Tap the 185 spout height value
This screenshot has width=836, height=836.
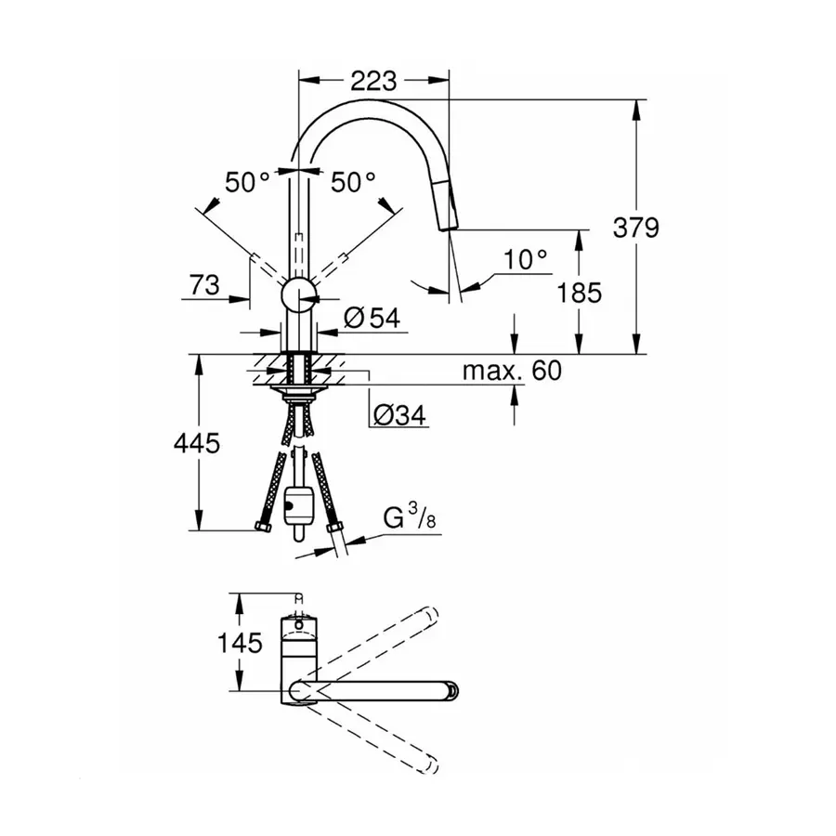point(581,293)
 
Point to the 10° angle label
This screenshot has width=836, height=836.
point(527,260)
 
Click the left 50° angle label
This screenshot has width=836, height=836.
point(245,182)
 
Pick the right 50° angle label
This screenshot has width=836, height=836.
point(354,182)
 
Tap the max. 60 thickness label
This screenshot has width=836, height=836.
point(513,372)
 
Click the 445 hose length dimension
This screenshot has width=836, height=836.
point(197,444)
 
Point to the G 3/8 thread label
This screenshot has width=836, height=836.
point(410,518)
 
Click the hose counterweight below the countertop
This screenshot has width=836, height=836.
point(298,506)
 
